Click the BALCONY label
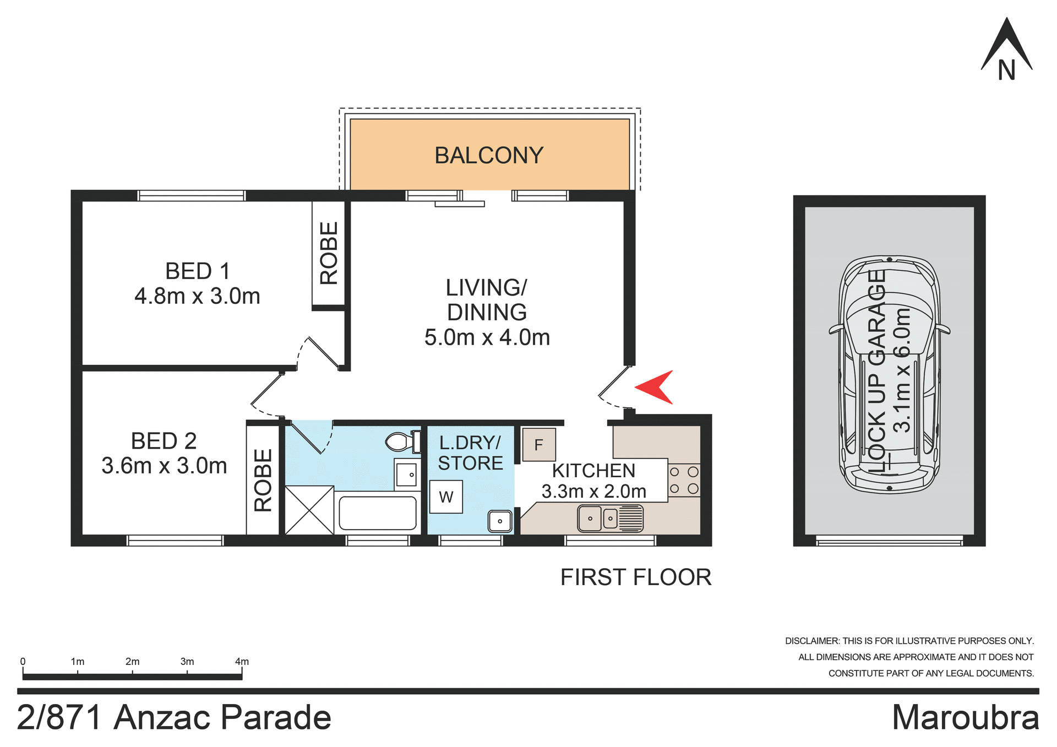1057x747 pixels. (x=489, y=155)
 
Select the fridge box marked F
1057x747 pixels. (x=538, y=445)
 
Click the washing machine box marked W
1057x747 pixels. (x=446, y=497)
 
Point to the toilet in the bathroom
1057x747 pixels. (x=402, y=441)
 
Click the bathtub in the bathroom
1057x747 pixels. (x=378, y=513)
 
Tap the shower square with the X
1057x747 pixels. (x=309, y=510)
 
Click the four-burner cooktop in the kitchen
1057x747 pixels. (x=684, y=480)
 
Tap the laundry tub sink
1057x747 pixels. (x=500, y=521)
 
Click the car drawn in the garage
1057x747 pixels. (x=889, y=374)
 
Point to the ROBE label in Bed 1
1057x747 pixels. (x=329, y=253)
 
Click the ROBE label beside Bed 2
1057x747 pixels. (x=263, y=480)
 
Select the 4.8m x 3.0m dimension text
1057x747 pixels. (x=197, y=297)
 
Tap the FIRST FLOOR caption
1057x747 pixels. (x=636, y=577)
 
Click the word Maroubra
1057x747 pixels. (x=965, y=718)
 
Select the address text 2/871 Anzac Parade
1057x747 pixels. (x=174, y=718)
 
